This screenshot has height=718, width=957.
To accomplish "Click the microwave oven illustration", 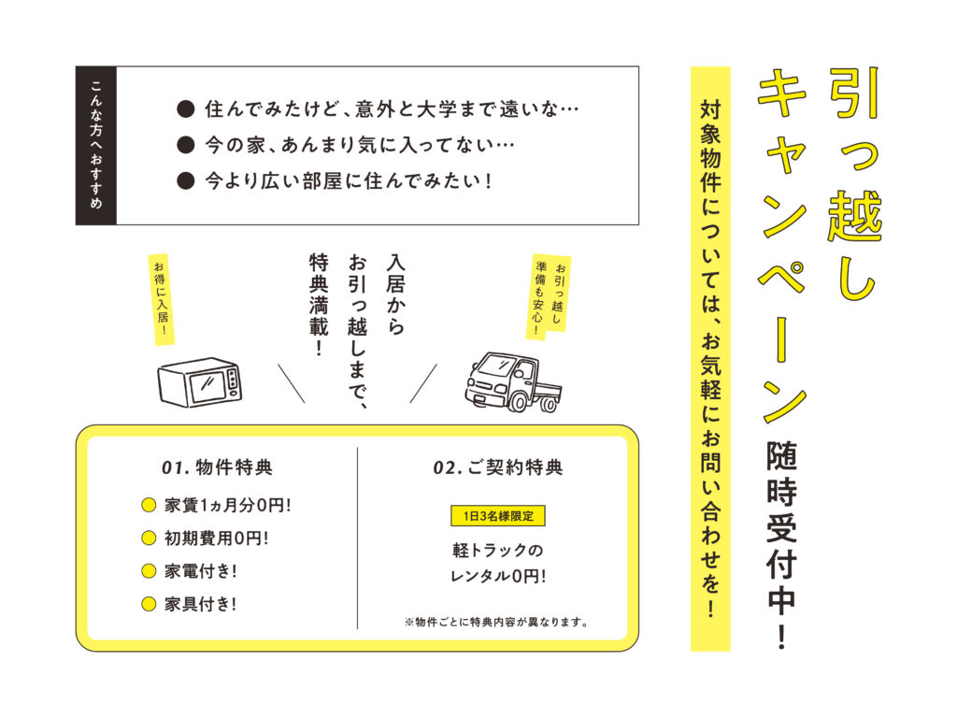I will click(x=199, y=382).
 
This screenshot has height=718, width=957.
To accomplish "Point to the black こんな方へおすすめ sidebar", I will click(x=96, y=145).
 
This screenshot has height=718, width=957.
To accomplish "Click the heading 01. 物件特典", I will click(x=217, y=467).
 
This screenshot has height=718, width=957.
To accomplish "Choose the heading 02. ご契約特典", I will click(x=498, y=467).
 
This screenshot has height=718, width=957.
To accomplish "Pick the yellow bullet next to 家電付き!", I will click(x=148, y=570).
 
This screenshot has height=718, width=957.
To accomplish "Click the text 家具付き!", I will click(x=200, y=603).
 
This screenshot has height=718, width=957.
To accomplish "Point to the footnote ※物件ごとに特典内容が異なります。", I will click(x=496, y=621).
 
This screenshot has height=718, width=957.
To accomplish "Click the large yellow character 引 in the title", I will click(x=852, y=93).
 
